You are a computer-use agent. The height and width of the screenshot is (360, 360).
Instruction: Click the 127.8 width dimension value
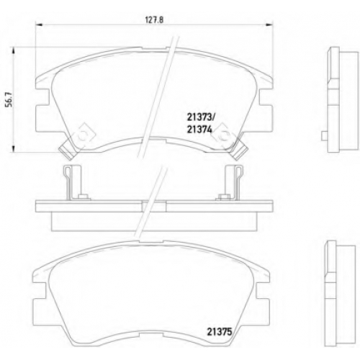click(154, 20)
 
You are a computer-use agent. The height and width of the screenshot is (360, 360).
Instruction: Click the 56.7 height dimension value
click(9, 99)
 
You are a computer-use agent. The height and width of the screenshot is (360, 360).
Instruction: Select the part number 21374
click(199, 130)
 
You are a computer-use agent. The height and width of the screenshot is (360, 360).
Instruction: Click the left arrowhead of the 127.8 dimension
click(39, 24)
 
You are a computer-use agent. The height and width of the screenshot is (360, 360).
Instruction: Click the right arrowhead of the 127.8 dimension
click(269, 24)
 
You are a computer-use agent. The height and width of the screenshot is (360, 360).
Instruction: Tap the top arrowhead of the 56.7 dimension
click(14, 51)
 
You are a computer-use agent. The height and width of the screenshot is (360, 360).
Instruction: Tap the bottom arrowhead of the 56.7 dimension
click(14, 148)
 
